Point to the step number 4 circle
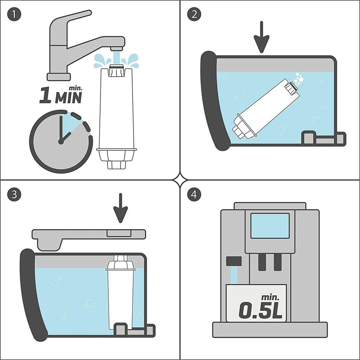tap(194, 194)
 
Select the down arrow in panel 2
tap(262, 37)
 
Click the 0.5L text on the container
tap(261, 309)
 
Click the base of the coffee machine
tap(270, 330)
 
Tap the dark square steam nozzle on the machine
tap(234, 261)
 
